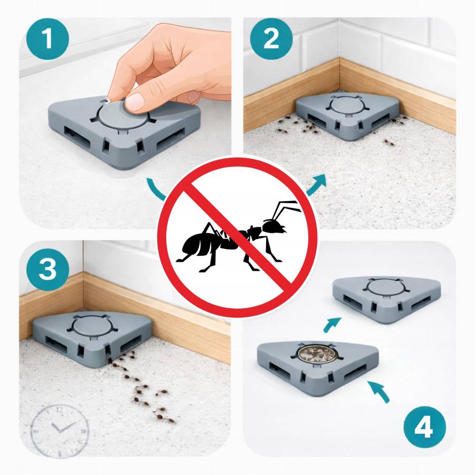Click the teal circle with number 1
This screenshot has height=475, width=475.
point(47,39)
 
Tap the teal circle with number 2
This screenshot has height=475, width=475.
point(271,39)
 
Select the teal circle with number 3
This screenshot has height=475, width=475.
point(47,269)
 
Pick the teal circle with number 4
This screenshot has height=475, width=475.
point(424,427)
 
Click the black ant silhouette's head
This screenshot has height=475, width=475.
point(273,226)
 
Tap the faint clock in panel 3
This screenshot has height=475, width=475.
point(60,431)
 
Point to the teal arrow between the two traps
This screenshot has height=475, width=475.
point(332,324)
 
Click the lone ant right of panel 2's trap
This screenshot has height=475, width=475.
point(387,141)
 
